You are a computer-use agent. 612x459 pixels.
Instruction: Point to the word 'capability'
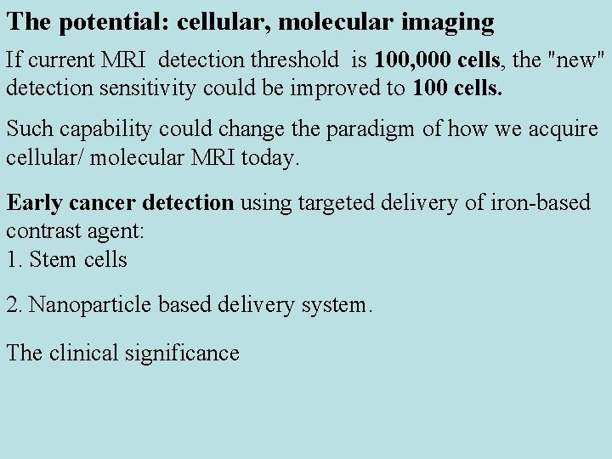pyautogui.click(x=95, y=130)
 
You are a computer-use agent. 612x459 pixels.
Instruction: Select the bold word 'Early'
pyautogui.click(x=32, y=203)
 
